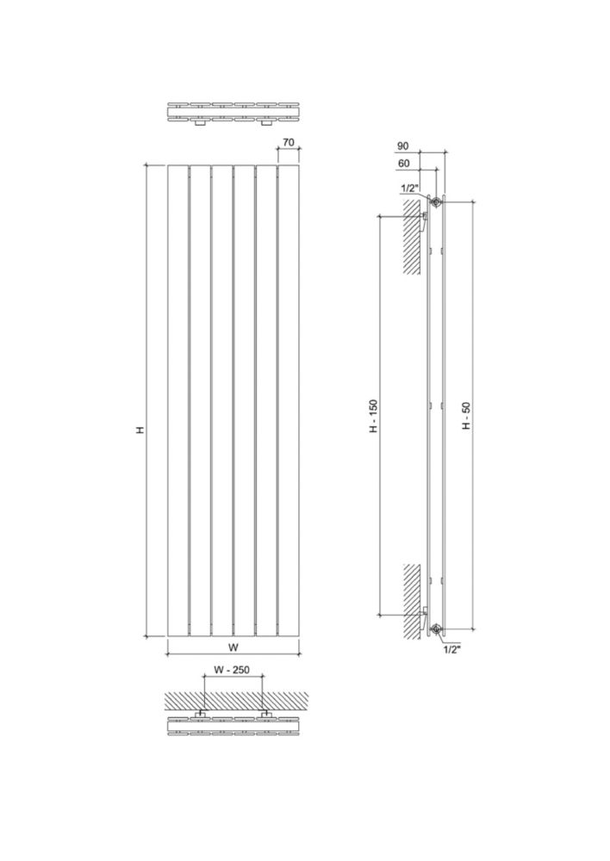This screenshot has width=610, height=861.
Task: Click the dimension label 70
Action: pyautogui.click(x=288, y=142)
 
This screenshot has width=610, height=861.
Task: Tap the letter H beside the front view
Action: pyautogui.click(x=140, y=430)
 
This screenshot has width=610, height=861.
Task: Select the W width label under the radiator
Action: pyautogui.click(x=233, y=647)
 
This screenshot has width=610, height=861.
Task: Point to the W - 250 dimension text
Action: pyautogui.click(x=232, y=670)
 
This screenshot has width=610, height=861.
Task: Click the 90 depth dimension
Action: pyautogui.click(x=403, y=146)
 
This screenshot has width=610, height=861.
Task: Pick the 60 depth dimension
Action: pyautogui.click(x=404, y=163)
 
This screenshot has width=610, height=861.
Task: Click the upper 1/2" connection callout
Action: pyautogui.click(x=408, y=189)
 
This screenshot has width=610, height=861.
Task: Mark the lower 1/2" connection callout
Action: pyautogui.click(x=451, y=649)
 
